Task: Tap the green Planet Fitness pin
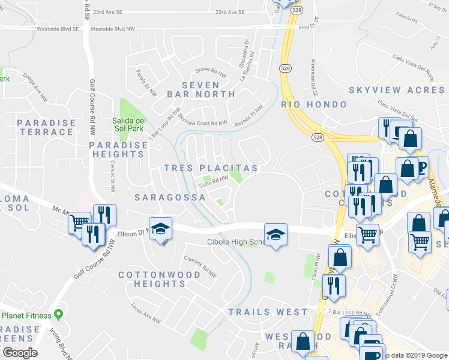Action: (x=58, y=314)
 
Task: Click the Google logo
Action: (x=19, y=353)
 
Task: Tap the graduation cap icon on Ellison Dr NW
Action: (x=160, y=230)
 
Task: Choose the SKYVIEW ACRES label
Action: (x=396, y=89)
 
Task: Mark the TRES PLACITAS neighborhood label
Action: (x=211, y=168)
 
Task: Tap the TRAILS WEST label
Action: (x=268, y=312)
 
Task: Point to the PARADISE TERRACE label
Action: (x=46, y=127)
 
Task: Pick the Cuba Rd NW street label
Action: (x=213, y=181)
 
